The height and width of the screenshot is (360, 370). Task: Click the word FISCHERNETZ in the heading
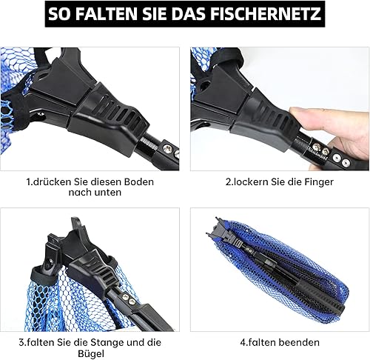pyautogui.click(x=266, y=14)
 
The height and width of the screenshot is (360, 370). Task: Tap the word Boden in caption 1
pyautogui.click(x=139, y=182)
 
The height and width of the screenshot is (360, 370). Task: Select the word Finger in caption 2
pyautogui.click(x=319, y=182)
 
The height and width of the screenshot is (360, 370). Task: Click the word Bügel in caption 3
pyautogui.click(x=91, y=354)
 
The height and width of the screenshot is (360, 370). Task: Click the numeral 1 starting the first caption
pyautogui.click(x=28, y=182)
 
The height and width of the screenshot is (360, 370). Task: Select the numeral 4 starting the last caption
pyautogui.click(x=243, y=343)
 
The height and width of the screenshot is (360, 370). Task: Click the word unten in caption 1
pyautogui.click(x=110, y=193)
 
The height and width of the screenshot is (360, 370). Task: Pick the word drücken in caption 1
pyautogui.click(x=52, y=182)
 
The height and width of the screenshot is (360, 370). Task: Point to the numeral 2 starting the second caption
pyautogui.click(x=228, y=182)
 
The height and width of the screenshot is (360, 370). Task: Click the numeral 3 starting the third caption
pyautogui.click(x=21, y=343)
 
